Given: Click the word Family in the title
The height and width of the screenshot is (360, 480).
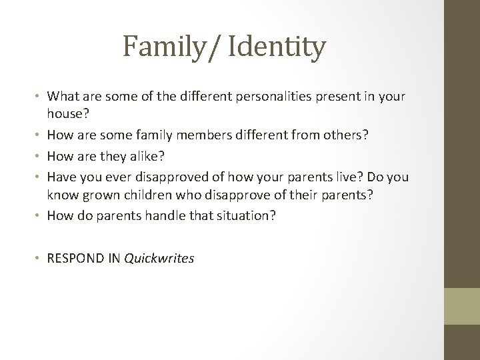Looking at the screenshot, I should (x=161, y=48).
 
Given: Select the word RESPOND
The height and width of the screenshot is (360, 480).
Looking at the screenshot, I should (x=74, y=257).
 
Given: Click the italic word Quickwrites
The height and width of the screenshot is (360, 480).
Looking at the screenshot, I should (x=159, y=257).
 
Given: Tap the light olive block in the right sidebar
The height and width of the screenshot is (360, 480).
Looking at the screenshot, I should (x=462, y=306).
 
